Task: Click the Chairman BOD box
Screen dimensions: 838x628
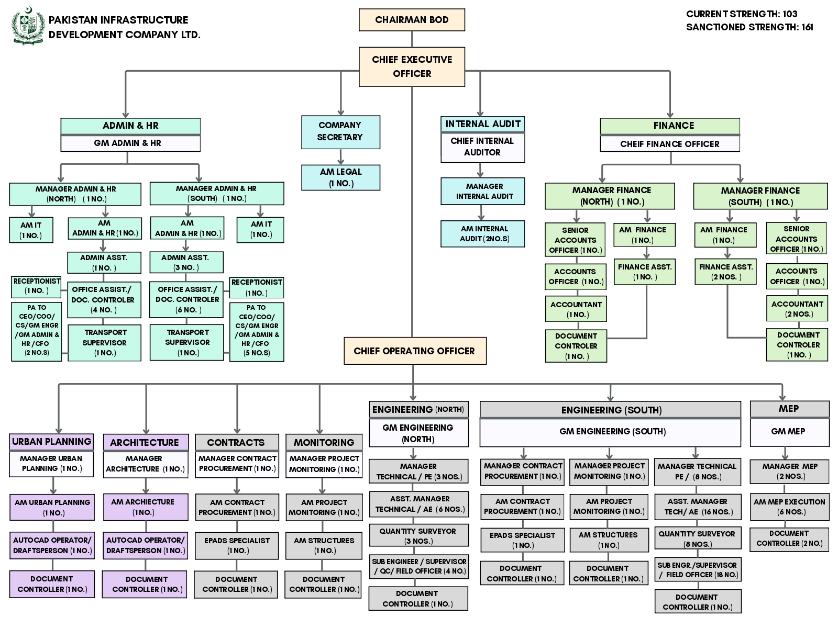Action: tap(412, 20)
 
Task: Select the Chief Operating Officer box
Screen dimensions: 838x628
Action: tap(415, 351)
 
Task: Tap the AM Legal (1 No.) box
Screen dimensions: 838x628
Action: tap(340, 177)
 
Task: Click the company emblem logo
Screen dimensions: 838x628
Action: tap(28, 26)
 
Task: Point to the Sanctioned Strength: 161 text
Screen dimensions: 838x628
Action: tap(749, 27)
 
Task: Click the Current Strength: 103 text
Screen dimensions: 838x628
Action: tap(742, 14)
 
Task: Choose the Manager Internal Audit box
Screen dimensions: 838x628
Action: tap(482, 192)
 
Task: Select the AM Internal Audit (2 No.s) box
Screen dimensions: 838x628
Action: tap(482, 234)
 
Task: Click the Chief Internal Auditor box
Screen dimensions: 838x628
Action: tap(482, 147)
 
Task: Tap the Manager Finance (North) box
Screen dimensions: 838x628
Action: tap(610, 196)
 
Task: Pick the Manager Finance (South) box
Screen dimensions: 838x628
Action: tap(760, 196)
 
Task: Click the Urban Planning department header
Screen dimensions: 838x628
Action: tap(51, 442)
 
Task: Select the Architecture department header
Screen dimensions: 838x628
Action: tap(146, 442)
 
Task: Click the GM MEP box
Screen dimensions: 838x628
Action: tap(789, 432)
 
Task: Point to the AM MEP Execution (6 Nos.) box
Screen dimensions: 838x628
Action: tap(789, 507)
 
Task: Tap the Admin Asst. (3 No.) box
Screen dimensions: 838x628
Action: tap(186, 262)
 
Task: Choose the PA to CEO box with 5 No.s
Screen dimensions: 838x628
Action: tap(257, 332)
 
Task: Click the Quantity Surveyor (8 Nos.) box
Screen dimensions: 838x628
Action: tap(698, 539)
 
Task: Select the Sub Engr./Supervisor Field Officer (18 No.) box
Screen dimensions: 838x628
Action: tap(698, 570)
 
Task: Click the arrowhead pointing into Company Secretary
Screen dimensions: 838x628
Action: tap(340, 113)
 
